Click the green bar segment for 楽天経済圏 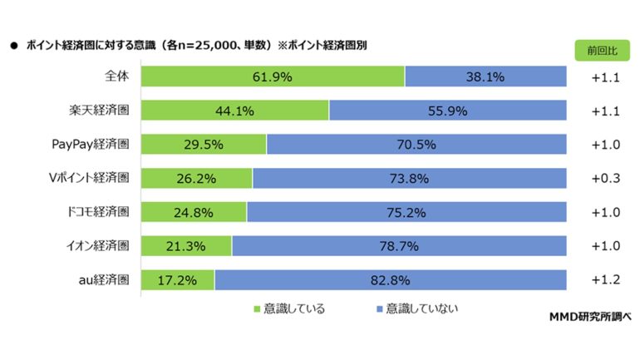click(234, 111)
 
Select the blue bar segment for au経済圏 click(390, 280)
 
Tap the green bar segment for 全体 click(273, 76)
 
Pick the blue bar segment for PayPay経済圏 click(416, 145)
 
